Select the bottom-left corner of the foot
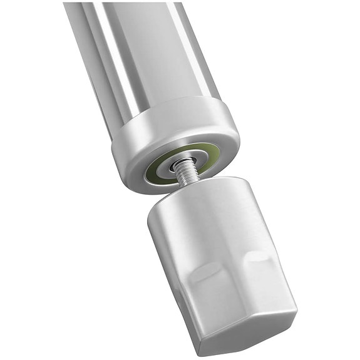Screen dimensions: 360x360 (x=199, y=344)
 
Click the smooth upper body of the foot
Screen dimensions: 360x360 (x=213, y=232)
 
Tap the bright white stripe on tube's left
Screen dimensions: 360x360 (x=119, y=63)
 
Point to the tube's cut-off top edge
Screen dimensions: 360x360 (x=125, y=4)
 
